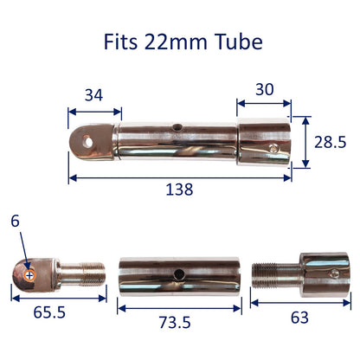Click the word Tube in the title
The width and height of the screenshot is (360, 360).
pos(239,42)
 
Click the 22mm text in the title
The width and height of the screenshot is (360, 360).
pos(176,42)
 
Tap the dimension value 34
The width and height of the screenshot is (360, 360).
pos(93,95)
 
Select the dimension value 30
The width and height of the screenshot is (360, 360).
pos(265,89)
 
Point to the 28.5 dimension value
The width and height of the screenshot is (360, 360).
pos(330,142)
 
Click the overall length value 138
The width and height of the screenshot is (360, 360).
pos(179,190)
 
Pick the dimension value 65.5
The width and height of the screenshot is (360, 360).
pos(49,312)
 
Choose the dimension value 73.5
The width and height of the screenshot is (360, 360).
pos(175,322)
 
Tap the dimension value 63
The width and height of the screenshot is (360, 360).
pos(299,318)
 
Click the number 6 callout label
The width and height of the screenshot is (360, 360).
pos(15,222)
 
